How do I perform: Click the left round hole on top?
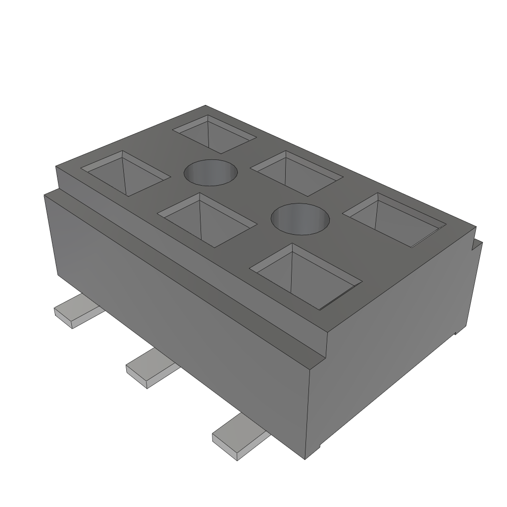pyautogui.click(x=210, y=173)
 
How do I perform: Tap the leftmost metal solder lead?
pyautogui.click(x=77, y=311)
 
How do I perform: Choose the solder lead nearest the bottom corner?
pyautogui.click(x=239, y=438)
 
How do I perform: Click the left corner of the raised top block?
pyautogui.click(x=56, y=167)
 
